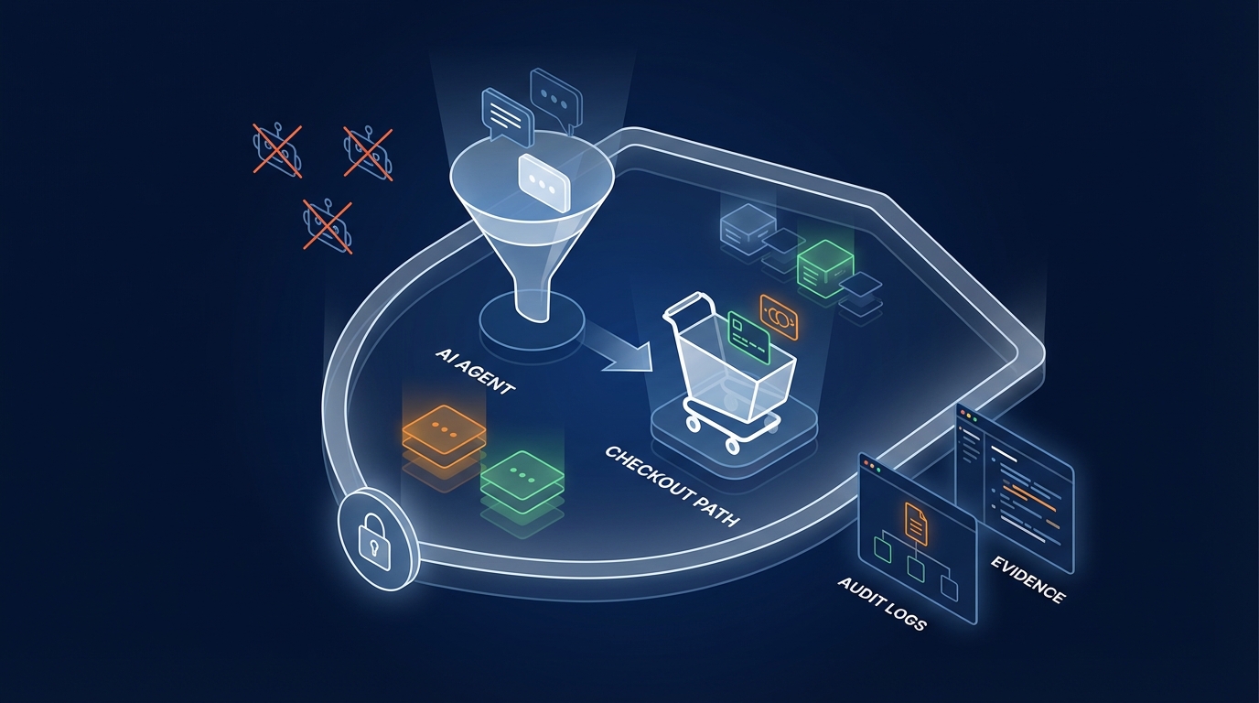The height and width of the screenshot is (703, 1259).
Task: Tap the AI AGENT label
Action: click(476, 369)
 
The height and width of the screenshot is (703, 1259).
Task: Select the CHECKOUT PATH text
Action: click(671, 485)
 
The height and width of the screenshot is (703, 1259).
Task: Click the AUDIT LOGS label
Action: click(881, 603)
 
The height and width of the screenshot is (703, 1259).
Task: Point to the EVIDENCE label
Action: click(1028, 579)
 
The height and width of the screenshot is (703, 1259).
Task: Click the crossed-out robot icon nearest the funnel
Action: click(368, 153)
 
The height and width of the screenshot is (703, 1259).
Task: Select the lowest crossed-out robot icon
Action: click(328, 225)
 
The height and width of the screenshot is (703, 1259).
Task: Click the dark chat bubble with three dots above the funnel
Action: click(554, 96)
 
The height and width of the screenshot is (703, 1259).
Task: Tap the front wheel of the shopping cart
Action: click(733, 445)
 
